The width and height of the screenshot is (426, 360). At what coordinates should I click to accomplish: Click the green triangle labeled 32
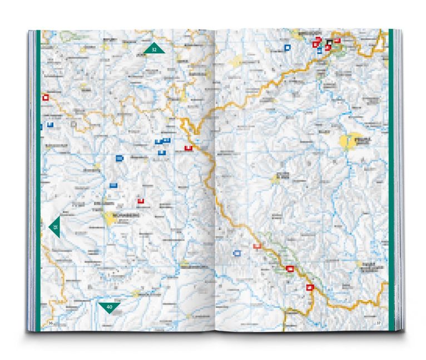pos(155,49)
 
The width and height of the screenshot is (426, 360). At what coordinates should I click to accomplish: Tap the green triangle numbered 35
pos(55,226)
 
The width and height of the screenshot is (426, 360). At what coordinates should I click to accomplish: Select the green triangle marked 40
pos(109,307)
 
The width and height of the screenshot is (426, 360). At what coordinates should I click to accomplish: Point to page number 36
pos(51,323)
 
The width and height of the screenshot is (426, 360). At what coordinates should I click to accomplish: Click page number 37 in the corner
pos(378,323)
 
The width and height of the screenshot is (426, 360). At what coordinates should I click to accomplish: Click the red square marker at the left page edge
pos(46,97)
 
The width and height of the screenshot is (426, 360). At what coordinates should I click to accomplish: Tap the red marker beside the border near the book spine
pos(189,148)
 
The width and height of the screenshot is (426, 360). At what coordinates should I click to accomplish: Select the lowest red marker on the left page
pos(141,201)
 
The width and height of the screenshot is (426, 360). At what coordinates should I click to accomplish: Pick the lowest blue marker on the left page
pos(114,184)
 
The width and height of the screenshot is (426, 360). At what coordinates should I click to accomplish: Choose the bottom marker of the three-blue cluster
pos(162,152)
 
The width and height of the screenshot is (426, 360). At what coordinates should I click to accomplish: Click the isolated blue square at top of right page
pos(288,48)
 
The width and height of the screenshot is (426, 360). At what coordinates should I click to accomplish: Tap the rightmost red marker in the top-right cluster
pos(337,41)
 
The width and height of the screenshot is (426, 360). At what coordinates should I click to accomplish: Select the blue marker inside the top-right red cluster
pos(319,51)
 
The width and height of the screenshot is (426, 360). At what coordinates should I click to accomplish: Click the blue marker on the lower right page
pos(237,253)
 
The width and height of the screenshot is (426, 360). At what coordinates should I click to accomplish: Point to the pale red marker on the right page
pos(257,246)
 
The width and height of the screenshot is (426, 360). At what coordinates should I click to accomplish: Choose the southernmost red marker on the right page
pos(310,287)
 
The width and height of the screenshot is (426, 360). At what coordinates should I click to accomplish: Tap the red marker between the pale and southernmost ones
pos(289,268)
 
